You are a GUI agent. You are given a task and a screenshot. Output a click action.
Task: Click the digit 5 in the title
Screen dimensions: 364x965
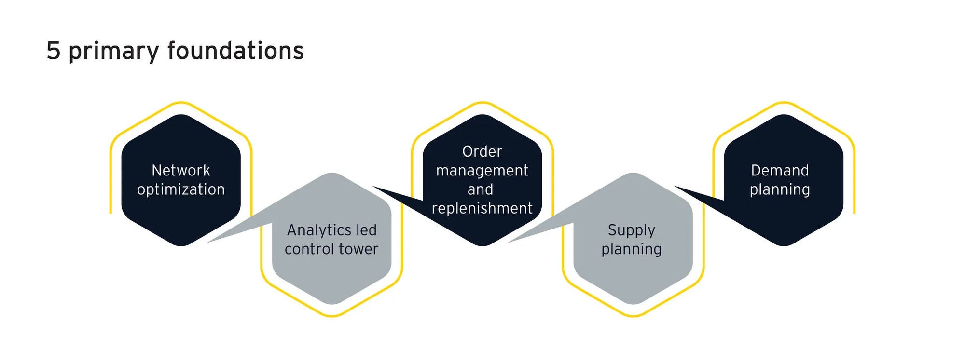pos(53,51)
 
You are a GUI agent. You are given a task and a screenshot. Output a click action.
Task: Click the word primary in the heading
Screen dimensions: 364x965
pos(114,51)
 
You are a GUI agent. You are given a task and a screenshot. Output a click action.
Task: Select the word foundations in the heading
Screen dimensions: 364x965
pos(235,51)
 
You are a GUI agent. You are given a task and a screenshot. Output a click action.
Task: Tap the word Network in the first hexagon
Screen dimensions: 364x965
pos(181,170)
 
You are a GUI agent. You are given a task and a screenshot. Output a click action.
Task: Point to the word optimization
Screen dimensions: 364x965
pos(181,189)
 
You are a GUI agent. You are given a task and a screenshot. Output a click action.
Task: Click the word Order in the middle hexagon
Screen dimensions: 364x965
pos(482,151)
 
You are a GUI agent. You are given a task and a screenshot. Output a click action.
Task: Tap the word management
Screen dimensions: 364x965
pos(482,171)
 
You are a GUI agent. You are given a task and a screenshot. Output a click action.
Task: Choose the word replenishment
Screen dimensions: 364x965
pos(482,208)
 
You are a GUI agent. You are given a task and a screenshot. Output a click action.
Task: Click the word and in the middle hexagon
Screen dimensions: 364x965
pos(480,189)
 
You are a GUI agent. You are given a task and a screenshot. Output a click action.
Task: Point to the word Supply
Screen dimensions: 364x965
pos(632,230)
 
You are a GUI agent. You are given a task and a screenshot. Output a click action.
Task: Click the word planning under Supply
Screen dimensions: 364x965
pos(632,249)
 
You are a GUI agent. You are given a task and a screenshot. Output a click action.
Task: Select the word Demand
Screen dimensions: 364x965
pos(780,170)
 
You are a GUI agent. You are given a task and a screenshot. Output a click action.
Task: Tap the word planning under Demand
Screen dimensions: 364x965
pos(780,189)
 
